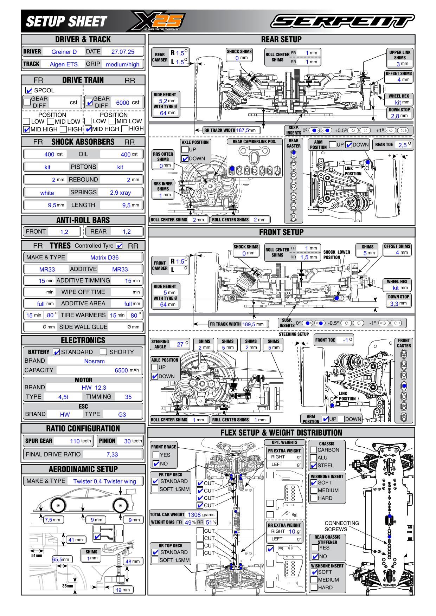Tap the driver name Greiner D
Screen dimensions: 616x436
click(x=64, y=52)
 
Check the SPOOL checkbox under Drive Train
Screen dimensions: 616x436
click(x=29, y=90)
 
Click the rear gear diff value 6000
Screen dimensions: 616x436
click(x=122, y=103)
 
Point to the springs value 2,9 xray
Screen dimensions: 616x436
click(x=120, y=193)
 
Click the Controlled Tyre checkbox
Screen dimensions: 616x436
click(x=120, y=246)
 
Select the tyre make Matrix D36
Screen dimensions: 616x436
click(x=104, y=258)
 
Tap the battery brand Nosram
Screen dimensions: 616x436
click(x=94, y=361)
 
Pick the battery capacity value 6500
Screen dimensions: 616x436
click(x=121, y=370)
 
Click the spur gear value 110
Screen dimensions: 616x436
click(x=75, y=441)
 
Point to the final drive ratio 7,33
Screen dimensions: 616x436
click(x=112, y=455)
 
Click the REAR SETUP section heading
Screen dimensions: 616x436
click(x=281, y=39)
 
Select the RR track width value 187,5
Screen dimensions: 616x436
click(x=242, y=130)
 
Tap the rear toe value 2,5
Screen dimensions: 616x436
click(x=403, y=145)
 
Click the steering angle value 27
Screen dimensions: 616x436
click(x=180, y=344)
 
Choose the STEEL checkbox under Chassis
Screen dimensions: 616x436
click(x=314, y=466)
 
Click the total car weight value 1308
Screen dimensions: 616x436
click(x=194, y=515)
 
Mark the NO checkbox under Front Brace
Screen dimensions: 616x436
click(x=156, y=463)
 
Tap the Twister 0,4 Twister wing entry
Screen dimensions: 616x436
click(x=104, y=481)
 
